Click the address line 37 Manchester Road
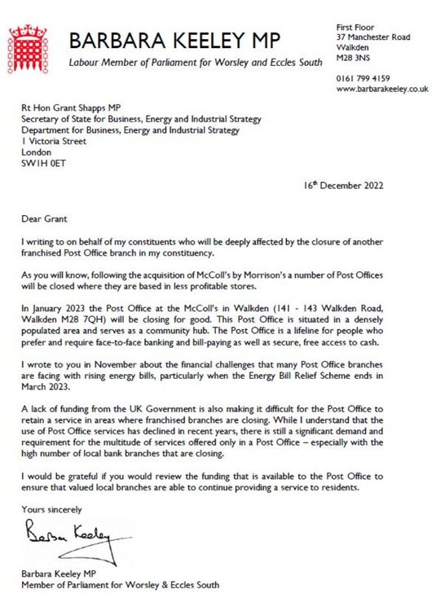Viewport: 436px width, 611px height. pyautogui.click(x=374, y=37)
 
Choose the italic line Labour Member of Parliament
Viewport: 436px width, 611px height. pyautogui.click(x=196, y=64)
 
